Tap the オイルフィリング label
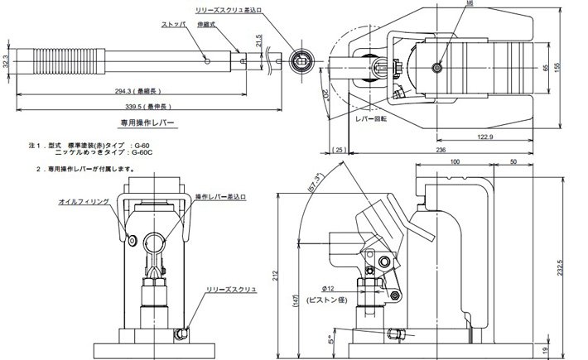pyautogui.click(x=83, y=202)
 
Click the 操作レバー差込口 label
pyautogui.click(x=222, y=197)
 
